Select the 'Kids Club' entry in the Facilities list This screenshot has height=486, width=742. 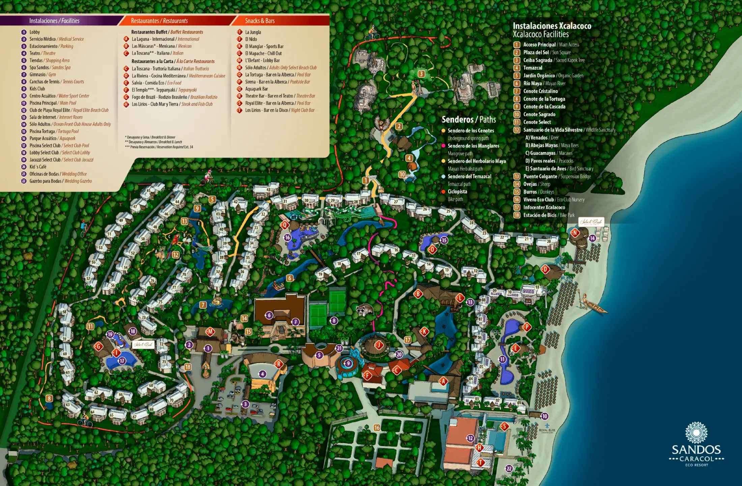click(x=37, y=89)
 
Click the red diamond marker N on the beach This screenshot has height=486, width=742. click(x=575, y=232)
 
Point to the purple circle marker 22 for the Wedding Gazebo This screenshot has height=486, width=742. click(x=509, y=468)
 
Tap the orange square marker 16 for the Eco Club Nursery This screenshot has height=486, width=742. click(x=377, y=428)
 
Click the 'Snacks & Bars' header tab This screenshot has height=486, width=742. click(x=260, y=21)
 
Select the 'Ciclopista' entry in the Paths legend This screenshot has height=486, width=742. click(x=457, y=192)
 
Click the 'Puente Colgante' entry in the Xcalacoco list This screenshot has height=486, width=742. click(x=540, y=176)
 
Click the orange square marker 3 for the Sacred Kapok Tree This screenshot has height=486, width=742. click(x=421, y=74)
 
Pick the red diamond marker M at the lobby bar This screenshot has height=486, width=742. click(x=210, y=332)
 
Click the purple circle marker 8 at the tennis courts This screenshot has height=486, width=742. click(x=334, y=320)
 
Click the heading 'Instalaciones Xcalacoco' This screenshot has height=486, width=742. click(x=552, y=26)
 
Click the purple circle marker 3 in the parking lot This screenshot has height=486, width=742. click(x=245, y=404)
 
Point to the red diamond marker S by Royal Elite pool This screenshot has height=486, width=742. click(x=504, y=426)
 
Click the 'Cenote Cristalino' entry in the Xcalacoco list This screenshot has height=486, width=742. click(x=540, y=91)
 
